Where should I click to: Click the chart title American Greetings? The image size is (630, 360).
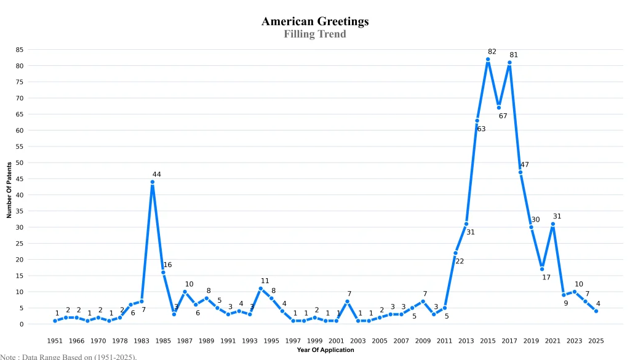click(x=315, y=21)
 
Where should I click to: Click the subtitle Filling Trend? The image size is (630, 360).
click(x=315, y=34)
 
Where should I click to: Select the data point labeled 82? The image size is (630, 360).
click(x=488, y=59)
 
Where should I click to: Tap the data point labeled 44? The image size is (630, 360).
click(x=152, y=182)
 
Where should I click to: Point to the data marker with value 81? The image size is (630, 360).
click(x=509, y=62)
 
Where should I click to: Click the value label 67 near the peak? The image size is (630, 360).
click(x=503, y=116)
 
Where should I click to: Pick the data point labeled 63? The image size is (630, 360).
click(x=477, y=121)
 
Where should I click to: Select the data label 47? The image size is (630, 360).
click(x=524, y=165)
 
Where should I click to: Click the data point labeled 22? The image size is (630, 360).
click(x=455, y=253)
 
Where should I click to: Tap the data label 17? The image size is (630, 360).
click(x=546, y=278)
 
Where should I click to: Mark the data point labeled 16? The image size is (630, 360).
click(x=163, y=272)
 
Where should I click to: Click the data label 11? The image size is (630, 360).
click(x=265, y=281)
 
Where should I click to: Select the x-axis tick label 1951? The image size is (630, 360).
click(x=55, y=340)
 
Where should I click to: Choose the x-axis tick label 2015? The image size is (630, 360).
click(x=488, y=340)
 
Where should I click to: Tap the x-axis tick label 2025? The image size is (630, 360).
click(x=596, y=340)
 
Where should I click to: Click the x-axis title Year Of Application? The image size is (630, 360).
click(x=325, y=350)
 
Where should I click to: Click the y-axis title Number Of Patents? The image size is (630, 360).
click(x=9, y=190)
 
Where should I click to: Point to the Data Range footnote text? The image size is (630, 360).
click(x=68, y=356)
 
